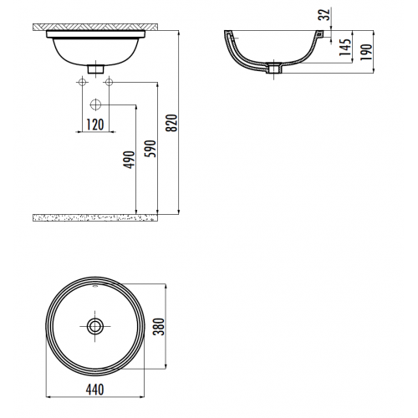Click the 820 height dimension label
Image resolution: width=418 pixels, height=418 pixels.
point(171,123)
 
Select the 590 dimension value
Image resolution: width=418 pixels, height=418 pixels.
point(150,149)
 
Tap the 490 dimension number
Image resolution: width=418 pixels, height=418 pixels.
point(129,160)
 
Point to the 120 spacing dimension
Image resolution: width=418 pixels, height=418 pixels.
point(95,125)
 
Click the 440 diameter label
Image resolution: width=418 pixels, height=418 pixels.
point(95,390)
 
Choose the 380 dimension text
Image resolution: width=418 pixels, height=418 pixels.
point(160,326)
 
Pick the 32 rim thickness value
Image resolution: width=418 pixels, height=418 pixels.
point(324,14)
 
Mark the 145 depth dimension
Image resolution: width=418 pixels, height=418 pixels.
point(344,47)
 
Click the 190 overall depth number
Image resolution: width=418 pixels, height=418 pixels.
point(366,52)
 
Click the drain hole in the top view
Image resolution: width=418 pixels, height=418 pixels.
point(95,326)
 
